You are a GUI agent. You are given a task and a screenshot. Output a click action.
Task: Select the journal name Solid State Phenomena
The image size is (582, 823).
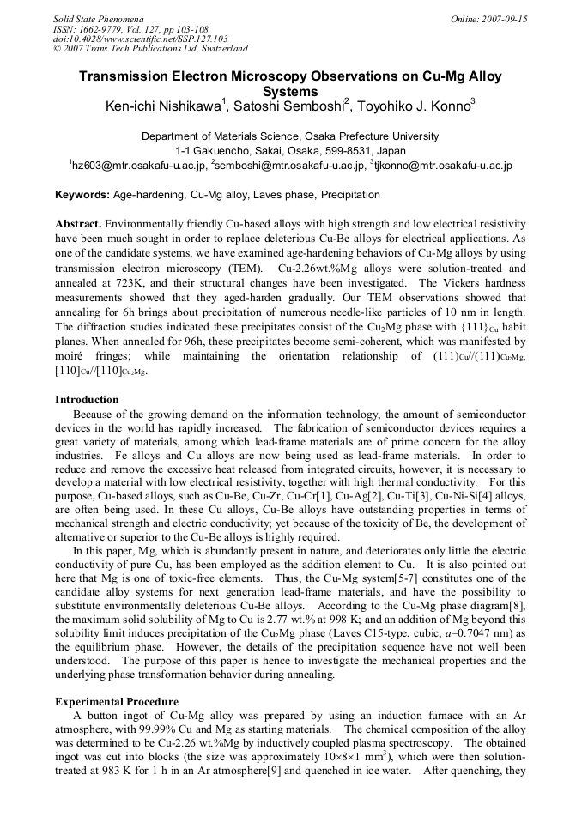(x=98, y=18)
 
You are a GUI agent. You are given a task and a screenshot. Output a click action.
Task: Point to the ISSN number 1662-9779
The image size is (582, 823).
(x=103, y=28)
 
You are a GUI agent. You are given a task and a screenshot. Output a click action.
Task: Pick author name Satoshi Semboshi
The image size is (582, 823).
(x=289, y=106)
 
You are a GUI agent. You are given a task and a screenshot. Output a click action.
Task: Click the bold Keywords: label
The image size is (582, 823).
(x=82, y=195)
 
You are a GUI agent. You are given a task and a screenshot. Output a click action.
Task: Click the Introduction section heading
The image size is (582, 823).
(x=87, y=400)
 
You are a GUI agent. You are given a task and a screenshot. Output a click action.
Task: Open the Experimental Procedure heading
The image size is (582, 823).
(x=117, y=701)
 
